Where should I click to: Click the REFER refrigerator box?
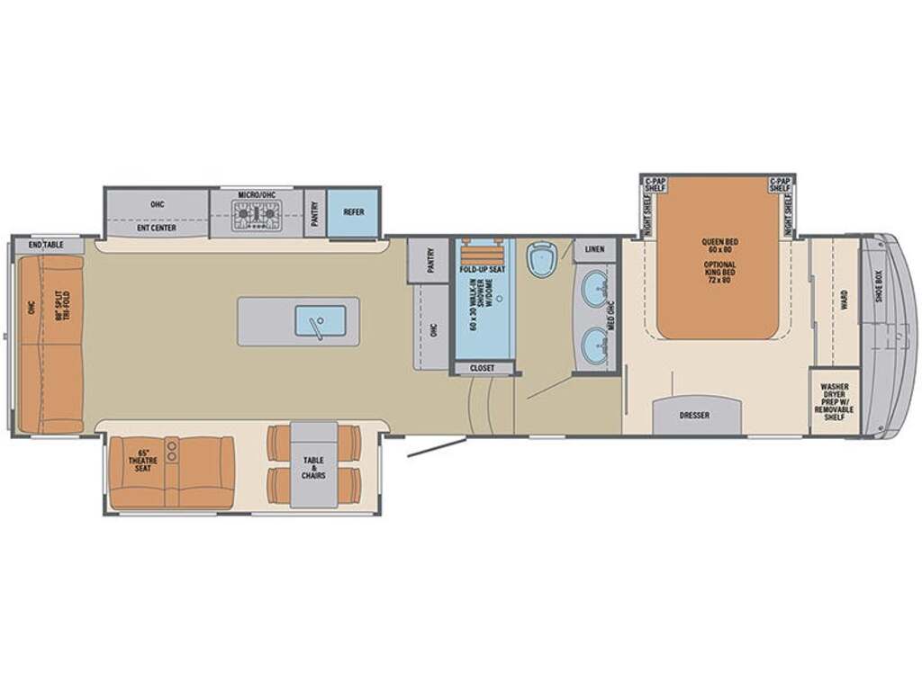click(x=352, y=213)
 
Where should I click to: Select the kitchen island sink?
click(x=319, y=320)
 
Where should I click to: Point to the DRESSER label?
click(x=694, y=416)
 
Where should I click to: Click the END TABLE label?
click(x=47, y=245)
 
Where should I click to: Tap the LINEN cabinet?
click(x=594, y=248)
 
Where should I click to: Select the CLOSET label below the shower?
click(x=483, y=368)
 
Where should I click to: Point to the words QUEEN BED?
click(x=719, y=242)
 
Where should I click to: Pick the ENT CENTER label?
click(x=158, y=229)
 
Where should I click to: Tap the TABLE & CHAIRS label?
click(x=313, y=465)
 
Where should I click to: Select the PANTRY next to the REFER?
click(x=314, y=214)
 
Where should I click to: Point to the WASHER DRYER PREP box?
click(x=835, y=402)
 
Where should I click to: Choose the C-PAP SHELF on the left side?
click(x=655, y=184)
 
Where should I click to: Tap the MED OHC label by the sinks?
click(x=612, y=314)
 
